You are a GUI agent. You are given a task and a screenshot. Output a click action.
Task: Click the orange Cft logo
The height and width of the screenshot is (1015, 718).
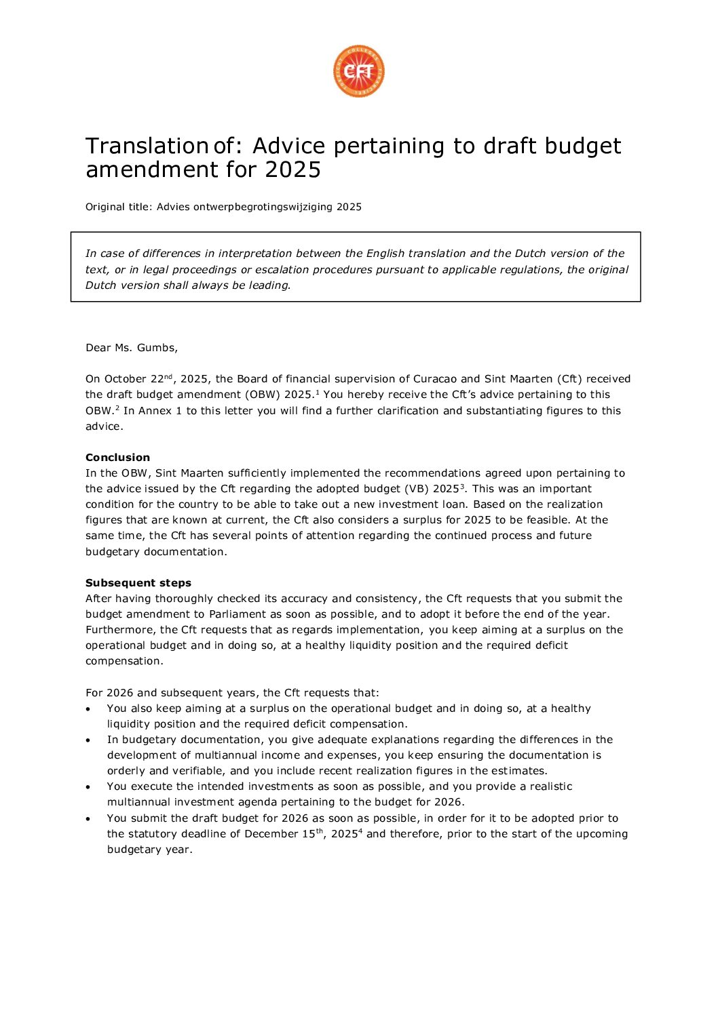[x=359, y=71]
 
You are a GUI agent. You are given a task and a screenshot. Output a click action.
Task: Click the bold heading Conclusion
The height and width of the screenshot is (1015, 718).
[x=117, y=458]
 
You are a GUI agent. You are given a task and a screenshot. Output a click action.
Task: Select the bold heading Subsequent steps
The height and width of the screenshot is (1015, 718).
[x=138, y=583]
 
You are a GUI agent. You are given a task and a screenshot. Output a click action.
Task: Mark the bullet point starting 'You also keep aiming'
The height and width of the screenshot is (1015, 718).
[x=88, y=709]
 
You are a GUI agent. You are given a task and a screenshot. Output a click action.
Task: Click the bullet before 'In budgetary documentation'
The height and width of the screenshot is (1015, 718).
[x=88, y=740]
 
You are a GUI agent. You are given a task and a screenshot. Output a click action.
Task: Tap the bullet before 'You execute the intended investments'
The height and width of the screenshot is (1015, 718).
[x=88, y=787]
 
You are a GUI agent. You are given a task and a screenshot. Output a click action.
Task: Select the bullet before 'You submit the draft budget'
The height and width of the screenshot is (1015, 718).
[x=88, y=819]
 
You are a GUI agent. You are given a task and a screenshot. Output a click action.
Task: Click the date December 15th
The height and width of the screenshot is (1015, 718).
[x=284, y=834]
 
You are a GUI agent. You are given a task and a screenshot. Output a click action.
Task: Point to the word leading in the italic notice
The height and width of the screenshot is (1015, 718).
[x=271, y=285]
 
